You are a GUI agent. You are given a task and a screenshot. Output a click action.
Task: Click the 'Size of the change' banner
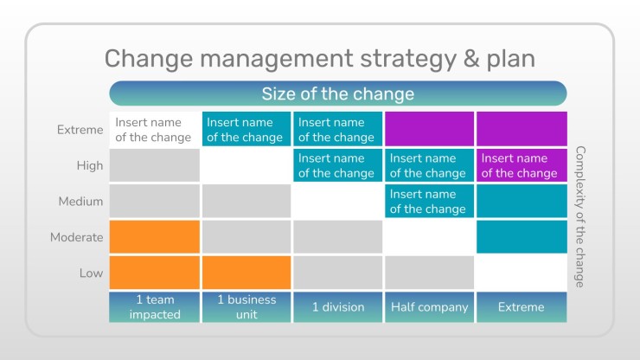[338, 93]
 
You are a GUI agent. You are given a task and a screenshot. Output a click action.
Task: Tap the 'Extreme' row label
[80, 130]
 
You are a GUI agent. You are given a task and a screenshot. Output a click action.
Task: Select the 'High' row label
[90, 165]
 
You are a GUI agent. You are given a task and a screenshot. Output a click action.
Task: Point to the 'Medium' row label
[80, 202]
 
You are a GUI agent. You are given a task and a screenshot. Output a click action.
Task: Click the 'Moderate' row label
[77, 237]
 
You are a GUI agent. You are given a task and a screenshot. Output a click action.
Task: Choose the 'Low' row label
[91, 273]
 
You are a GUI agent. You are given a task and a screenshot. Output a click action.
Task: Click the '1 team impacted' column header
[154, 307]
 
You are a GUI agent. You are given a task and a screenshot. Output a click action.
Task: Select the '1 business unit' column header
[246, 307]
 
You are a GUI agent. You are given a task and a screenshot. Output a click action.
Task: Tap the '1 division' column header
[338, 307]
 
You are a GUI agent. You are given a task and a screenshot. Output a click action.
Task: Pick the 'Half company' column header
[429, 307]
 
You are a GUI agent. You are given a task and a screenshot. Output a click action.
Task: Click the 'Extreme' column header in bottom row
[522, 307]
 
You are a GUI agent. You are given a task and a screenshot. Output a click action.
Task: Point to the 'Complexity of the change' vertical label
[580, 216]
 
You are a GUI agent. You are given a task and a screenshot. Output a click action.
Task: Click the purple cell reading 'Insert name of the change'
[522, 165]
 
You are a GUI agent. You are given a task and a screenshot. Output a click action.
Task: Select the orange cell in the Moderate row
[154, 237]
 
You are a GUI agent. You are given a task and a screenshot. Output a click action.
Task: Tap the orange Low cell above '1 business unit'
[246, 273]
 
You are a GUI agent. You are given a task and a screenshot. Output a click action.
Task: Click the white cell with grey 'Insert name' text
[154, 129]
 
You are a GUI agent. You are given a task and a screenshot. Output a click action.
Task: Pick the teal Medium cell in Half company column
[429, 201]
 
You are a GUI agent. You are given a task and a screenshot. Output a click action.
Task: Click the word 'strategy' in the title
[407, 59]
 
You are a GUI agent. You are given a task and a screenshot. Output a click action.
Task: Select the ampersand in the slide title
[471, 59]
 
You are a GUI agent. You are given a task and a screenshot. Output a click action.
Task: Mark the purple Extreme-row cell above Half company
[429, 129]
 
